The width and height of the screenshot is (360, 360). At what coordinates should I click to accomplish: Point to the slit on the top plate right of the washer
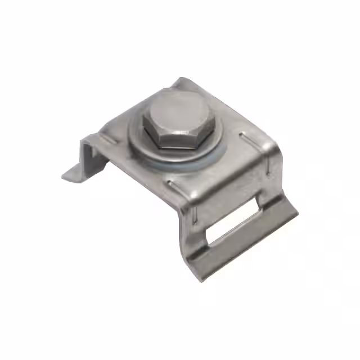(246, 137)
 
